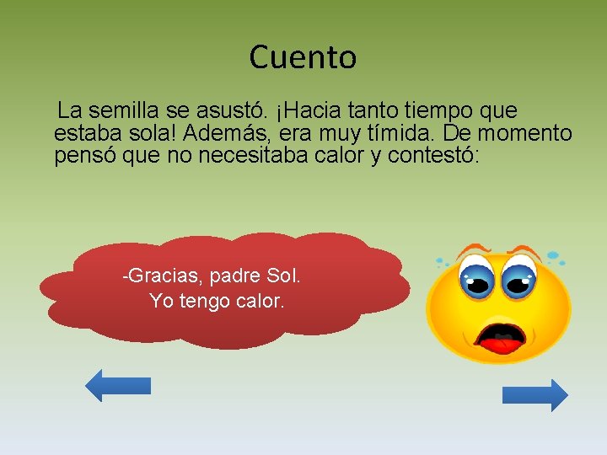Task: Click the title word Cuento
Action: (303, 57)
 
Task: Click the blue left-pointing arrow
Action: (118, 385)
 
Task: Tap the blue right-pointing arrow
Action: (534, 395)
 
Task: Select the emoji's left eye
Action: (476, 277)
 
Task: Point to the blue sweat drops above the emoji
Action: (554, 254)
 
